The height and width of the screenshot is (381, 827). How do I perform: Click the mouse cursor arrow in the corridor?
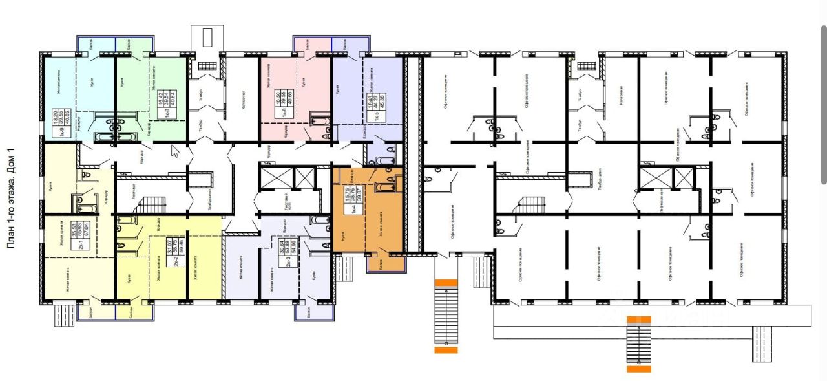pyautogui.click(x=174, y=151)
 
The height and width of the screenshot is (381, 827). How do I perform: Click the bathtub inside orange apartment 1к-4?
pyautogui.click(x=386, y=188)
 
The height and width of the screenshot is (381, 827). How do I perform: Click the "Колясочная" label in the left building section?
pyautogui.click(x=244, y=101)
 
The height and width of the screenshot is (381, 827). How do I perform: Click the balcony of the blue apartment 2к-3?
pyautogui.click(x=314, y=312)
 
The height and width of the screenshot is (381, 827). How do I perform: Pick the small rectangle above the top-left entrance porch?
pyautogui.click(x=207, y=36)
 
